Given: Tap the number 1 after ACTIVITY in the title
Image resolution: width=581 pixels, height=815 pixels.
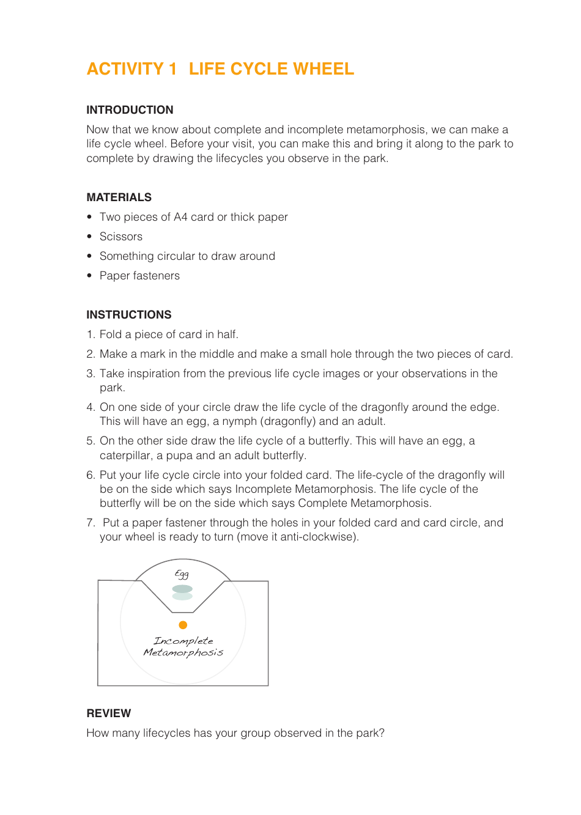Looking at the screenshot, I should [172, 69].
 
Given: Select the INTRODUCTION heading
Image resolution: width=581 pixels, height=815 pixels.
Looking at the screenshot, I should [130, 110].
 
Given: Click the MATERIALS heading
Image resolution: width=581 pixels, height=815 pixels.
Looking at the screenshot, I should [119, 197].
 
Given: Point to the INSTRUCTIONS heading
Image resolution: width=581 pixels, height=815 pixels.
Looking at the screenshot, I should [128, 315].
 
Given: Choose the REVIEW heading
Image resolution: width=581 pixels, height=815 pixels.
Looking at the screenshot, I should [109, 714].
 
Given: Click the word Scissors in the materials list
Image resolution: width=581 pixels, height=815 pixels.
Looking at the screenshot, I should [121, 237].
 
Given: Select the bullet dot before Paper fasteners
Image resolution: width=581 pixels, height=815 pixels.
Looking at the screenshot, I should [89, 276].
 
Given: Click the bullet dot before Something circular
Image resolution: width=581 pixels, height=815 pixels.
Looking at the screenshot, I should [89, 256].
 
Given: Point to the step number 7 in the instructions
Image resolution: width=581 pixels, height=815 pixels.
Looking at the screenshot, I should [90, 523].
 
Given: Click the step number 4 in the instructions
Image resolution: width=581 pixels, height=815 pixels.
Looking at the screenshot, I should [90, 407].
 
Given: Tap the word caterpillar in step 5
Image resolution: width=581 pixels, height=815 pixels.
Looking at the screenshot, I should [125, 455].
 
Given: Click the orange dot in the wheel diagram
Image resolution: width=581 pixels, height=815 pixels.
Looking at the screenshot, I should [183, 625].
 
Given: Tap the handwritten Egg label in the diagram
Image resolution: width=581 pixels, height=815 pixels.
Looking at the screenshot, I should [182, 574].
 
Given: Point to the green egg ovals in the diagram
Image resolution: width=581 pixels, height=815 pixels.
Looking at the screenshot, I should [182, 592].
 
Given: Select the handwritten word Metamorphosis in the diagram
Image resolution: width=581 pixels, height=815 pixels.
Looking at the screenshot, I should [183, 653].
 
